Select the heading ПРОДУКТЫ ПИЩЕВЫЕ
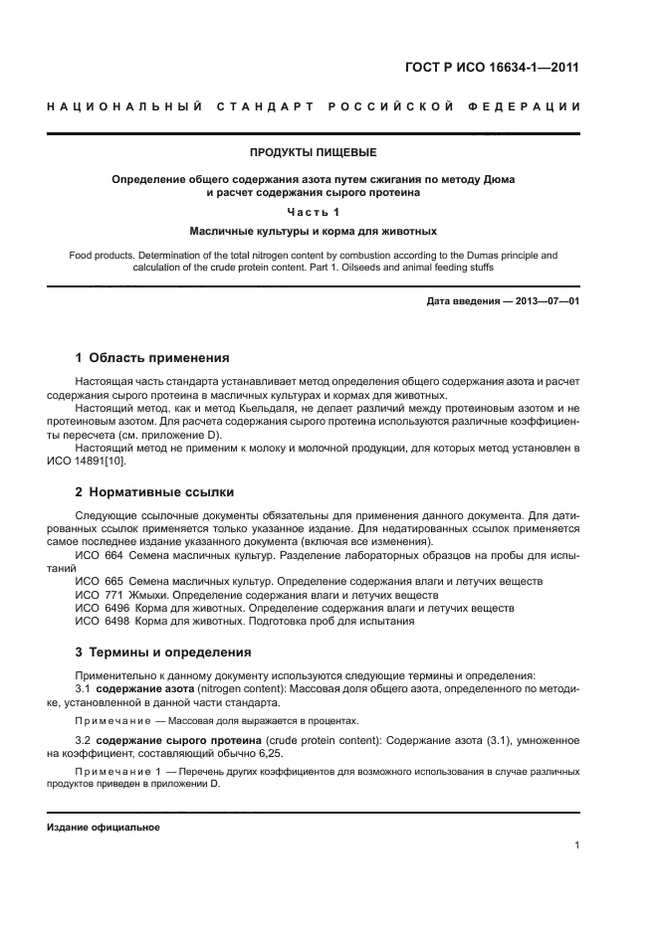click(x=313, y=152)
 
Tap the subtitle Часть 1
click(x=313, y=212)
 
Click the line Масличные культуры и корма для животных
click(x=313, y=231)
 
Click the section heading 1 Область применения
click(x=152, y=357)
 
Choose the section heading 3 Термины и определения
click(x=163, y=652)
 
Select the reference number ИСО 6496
click(x=96, y=607)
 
